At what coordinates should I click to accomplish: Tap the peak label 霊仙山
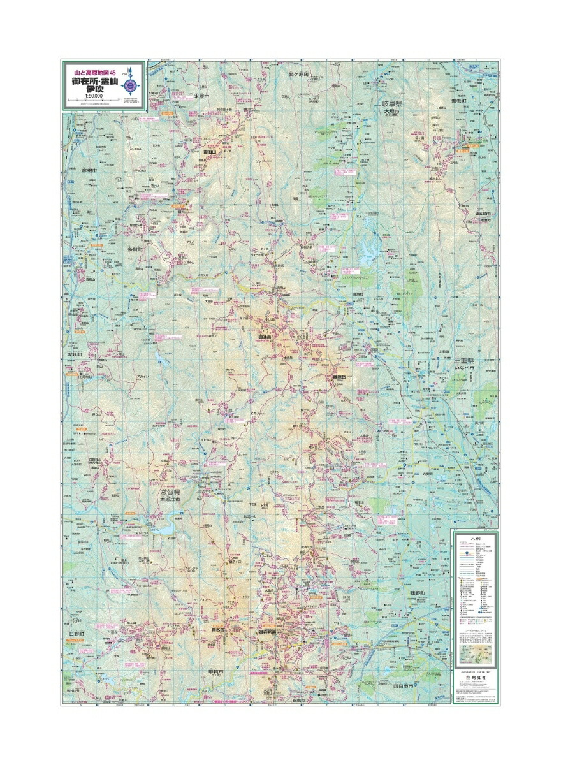(x=211, y=153)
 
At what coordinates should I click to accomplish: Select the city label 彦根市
(x=88, y=171)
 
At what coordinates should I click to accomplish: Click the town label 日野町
(x=77, y=632)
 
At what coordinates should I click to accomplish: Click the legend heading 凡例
(x=472, y=538)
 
